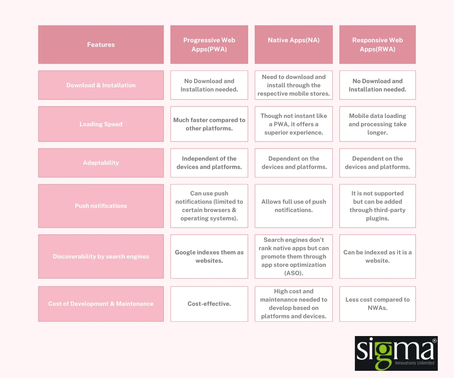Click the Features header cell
[x=101, y=45]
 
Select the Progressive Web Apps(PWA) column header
[x=209, y=45]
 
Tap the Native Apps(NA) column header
[x=294, y=45]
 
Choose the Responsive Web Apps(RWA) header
[x=377, y=45]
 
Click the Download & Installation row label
[x=101, y=85]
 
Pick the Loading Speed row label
[x=101, y=124]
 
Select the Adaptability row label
[x=101, y=163]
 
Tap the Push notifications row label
[x=101, y=206]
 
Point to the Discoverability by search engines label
[x=101, y=256]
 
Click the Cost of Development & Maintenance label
[x=101, y=304]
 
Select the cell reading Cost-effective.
[x=209, y=304]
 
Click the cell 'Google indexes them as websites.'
[x=209, y=256]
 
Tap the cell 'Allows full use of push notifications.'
[x=294, y=206]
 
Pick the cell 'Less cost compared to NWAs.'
[x=377, y=304]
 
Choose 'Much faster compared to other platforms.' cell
[x=209, y=124]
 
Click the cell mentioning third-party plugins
[x=377, y=206]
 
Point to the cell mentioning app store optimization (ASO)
[x=294, y=256]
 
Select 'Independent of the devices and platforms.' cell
[x=209, y=163]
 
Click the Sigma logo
[x=396, y=353]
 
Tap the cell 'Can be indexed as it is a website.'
[x=377, y=256]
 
